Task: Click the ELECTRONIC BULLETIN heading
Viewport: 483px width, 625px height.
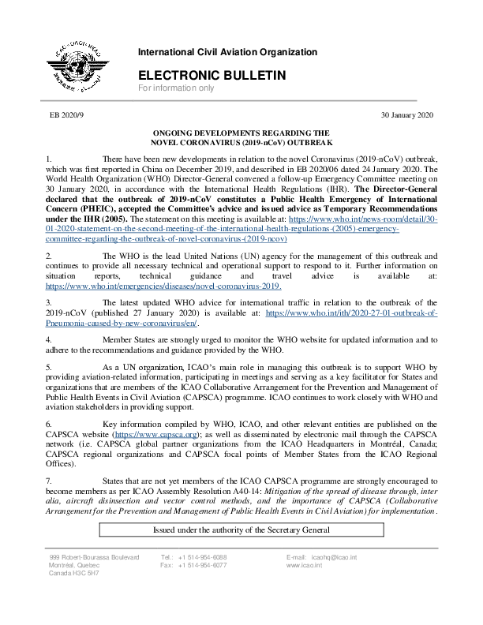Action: pos(211,75)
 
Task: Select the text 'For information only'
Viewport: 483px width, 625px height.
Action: pos(176,88)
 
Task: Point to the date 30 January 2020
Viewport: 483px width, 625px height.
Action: pos(407,115)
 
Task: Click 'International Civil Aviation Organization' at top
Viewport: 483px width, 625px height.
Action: pos(227,52)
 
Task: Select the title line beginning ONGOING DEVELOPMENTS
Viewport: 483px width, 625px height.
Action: pos(241,134)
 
